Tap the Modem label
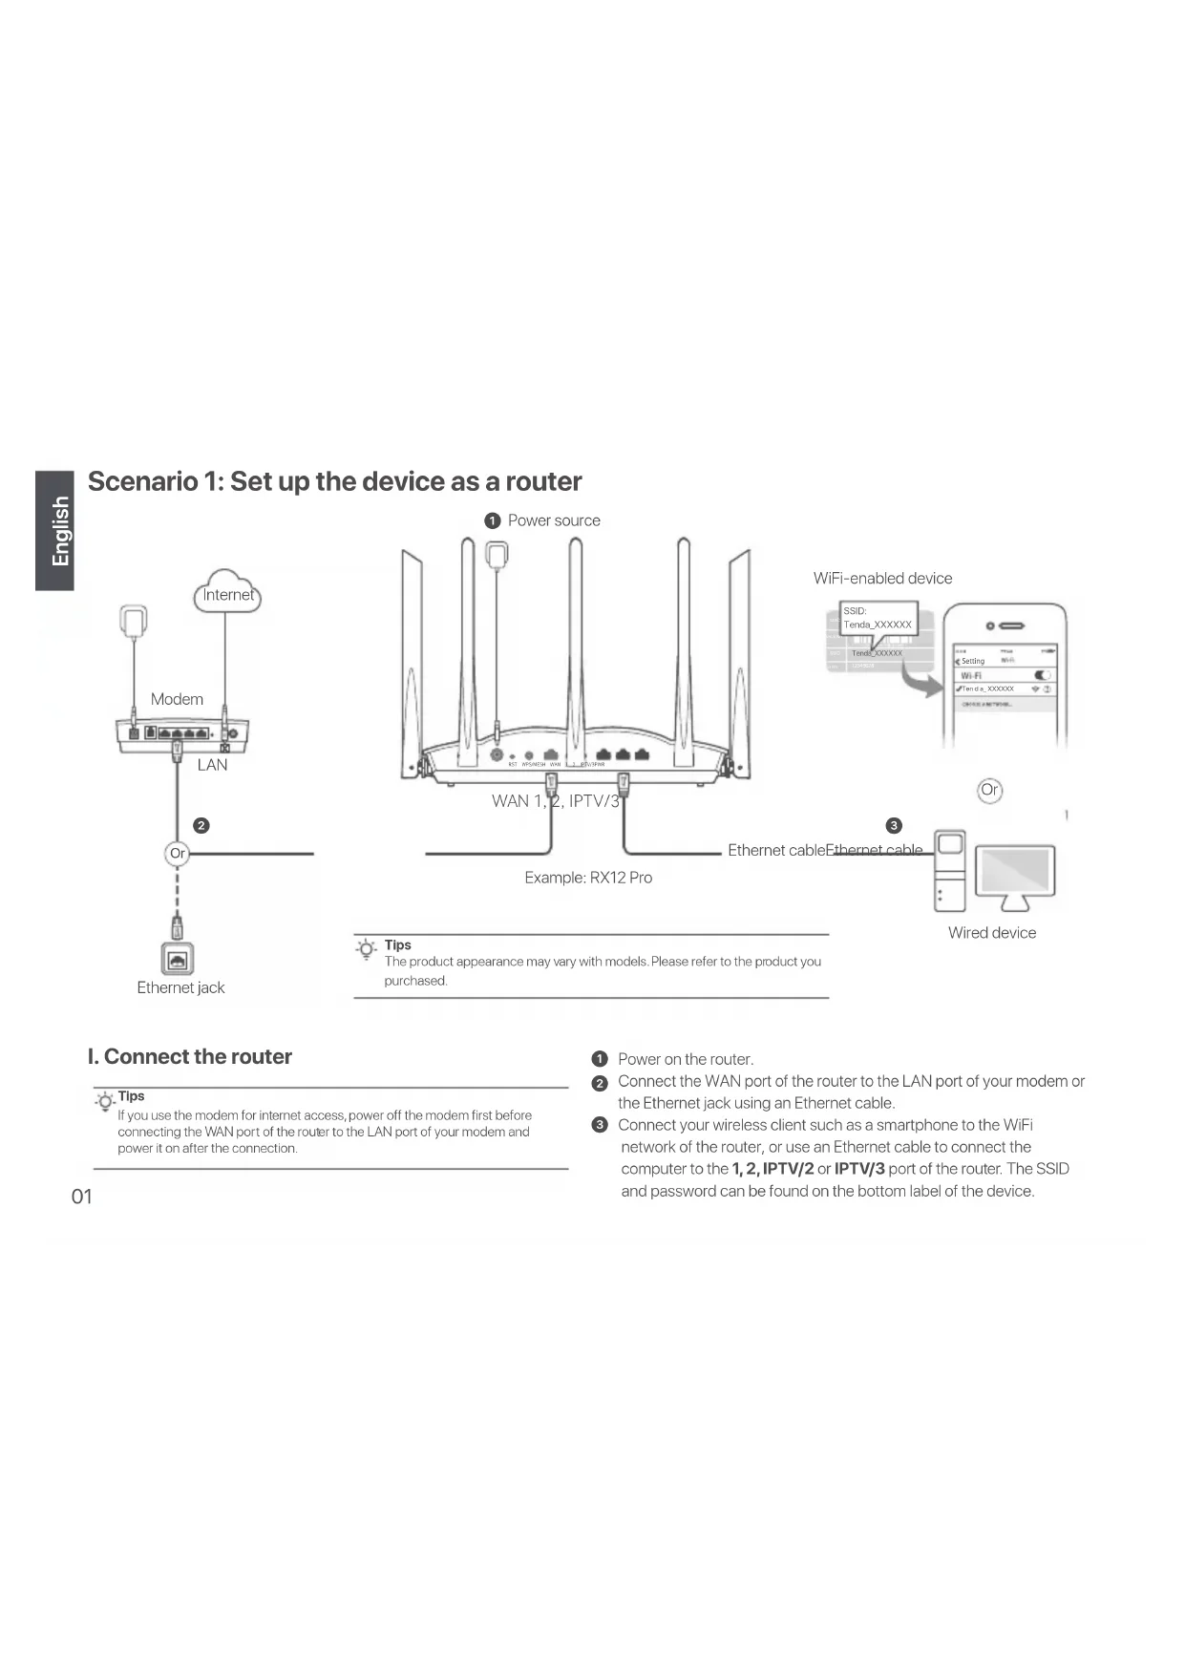click(x=177, y=699)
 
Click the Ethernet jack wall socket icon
click(x=178, y=959)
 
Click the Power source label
click(x=554, y=520)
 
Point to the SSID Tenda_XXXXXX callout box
click(x=878, y=618)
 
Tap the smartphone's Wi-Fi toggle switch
click(x=1042, y=675)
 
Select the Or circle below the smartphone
click(x=989, y=790)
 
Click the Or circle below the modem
click(x=178, y=853)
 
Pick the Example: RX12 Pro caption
click(x=588, y=878)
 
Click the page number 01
click(x=82, y=1197)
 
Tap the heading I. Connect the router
click(x=190, y=1056)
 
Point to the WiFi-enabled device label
click(x=882, y=578)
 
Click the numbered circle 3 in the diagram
click(x=894, y=825)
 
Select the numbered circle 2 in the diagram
click(x=201, y=825)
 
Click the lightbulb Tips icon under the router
click(x=366, y=948)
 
